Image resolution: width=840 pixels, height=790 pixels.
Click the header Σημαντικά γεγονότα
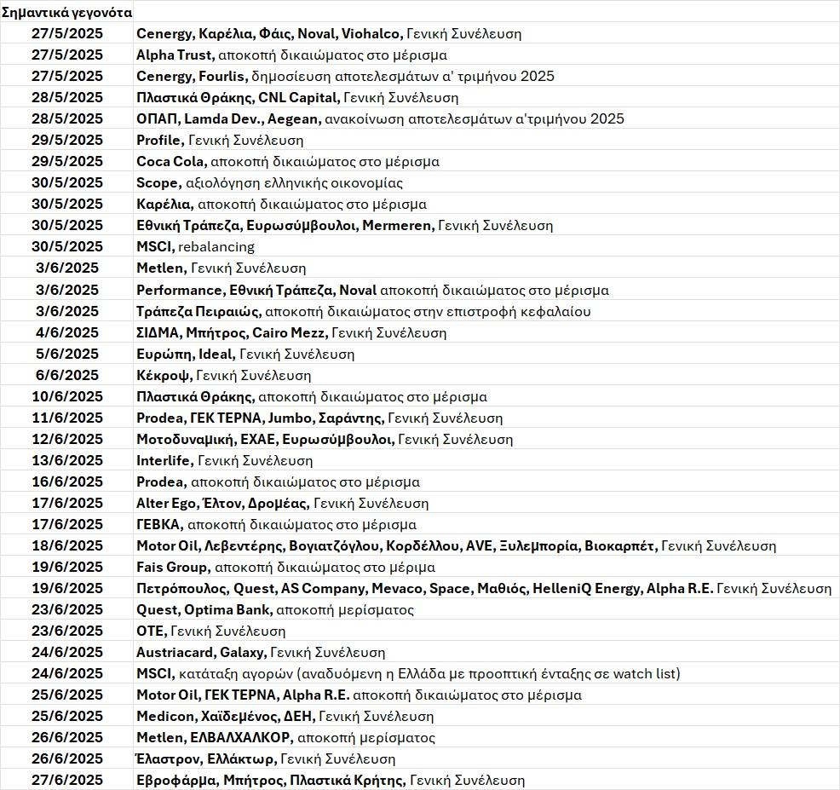click(66, 13)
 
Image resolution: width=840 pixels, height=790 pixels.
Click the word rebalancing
click(216, 247)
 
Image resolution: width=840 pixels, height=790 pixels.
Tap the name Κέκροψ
click(164, 375)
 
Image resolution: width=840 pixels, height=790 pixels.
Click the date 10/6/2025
click(67, 396)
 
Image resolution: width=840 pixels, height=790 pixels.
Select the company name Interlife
click(164, 460)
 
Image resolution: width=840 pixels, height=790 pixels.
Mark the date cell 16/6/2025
click(67, 481)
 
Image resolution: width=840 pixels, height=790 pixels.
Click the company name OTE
click(150, 631)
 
